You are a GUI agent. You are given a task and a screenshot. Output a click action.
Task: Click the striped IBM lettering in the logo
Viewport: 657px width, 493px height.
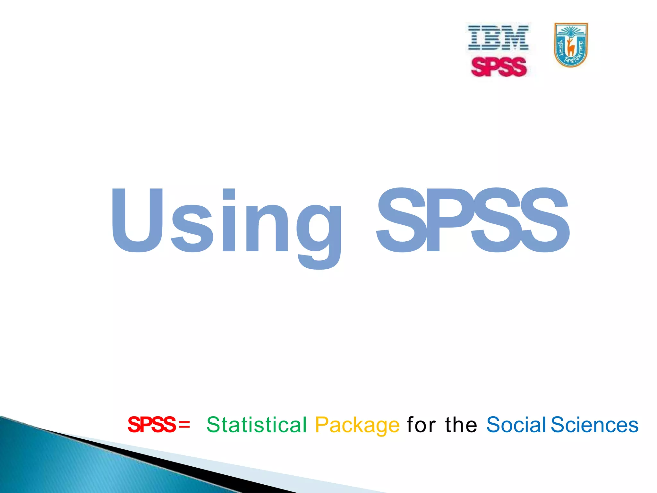tap(498, 38)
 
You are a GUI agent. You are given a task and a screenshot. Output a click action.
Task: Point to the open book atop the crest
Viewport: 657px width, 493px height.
tap(571, 32)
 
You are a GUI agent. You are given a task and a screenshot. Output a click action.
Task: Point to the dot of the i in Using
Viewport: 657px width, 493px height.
tap(229, 195)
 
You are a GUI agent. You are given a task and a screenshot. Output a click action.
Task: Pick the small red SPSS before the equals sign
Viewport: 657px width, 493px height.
tap(152, 425)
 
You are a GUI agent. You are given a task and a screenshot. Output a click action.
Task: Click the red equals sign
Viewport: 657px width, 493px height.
tap(184, 425)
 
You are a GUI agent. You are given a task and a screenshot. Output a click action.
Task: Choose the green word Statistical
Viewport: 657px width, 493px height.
tap(257, 425)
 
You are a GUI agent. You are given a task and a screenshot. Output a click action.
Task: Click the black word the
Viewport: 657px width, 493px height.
tap(461, 425)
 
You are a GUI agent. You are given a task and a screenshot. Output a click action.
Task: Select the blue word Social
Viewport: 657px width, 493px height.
tap(516, 425)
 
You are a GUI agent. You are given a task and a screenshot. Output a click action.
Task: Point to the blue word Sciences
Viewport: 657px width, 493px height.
tap(594, 425)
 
